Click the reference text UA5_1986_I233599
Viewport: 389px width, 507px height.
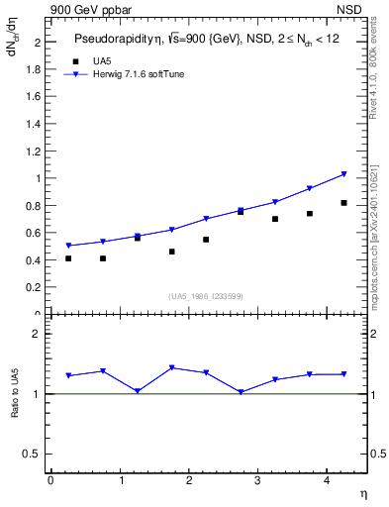tap(206, 296)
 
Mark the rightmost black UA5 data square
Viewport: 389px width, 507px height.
tap(343, 203)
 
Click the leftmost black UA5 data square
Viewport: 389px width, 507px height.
tap(68, 258)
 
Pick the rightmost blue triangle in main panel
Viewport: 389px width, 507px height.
tap(343, 174)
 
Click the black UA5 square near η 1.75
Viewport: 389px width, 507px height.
tap(171, 252)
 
